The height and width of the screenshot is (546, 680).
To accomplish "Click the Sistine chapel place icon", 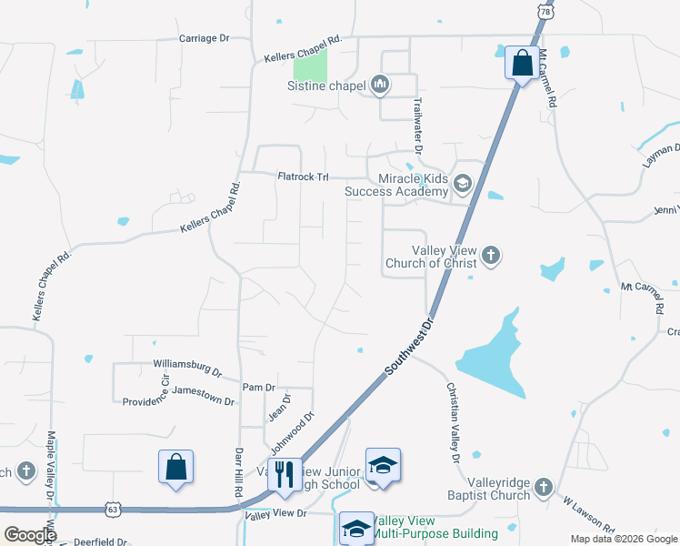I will (x=380, y=86).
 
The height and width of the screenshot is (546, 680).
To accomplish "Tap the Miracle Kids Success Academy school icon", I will (x=463, y=185).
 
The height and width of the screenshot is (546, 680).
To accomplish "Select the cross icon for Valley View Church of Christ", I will (x=491, y=256).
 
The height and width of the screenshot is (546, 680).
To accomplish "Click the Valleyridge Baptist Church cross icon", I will (x=544, y=487).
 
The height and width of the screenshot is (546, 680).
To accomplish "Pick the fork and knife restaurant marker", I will (x=285, y=474).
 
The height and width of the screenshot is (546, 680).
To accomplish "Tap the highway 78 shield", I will (x=545, y=10).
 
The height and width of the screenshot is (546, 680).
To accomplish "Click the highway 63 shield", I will (x=112, y=509).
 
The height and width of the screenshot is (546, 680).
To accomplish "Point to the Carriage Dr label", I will (x=205, y=38).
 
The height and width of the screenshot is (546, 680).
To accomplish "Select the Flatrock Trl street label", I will (x=303, y=177).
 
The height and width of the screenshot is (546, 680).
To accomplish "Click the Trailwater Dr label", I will (x=419, y=125).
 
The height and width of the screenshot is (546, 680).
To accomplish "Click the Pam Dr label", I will (x=252, y=388).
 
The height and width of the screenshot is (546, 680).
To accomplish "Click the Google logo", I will (x=29, y=535).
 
